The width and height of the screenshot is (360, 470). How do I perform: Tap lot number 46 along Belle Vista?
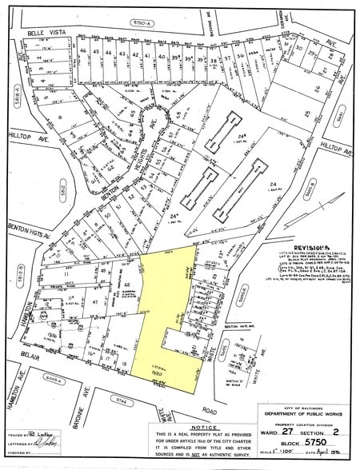(97, 53)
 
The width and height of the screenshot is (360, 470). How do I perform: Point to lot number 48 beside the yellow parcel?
(126, 285)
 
